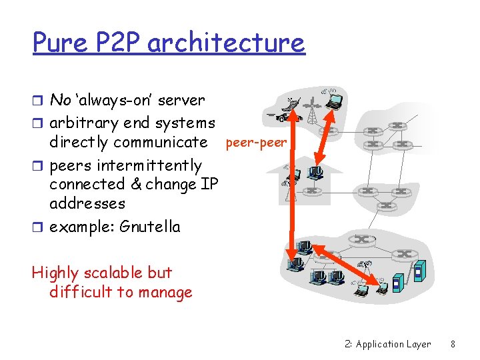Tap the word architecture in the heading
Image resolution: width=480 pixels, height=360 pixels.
pos(226,43)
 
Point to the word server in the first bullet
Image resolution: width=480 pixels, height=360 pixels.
pos(183,101)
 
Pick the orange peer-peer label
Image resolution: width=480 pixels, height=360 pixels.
pos(257,142)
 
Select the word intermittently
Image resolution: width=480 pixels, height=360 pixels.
pos(150,165)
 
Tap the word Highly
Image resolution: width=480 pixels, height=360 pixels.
pos(54,273)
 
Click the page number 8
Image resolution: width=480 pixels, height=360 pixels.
pos(453,344)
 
